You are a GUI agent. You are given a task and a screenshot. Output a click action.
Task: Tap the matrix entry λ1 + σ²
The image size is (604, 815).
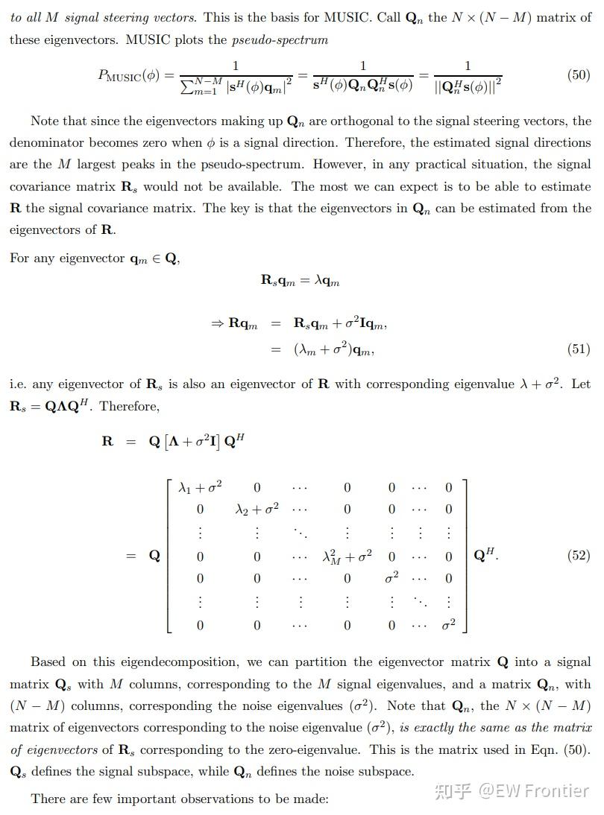click(x=200, y=488)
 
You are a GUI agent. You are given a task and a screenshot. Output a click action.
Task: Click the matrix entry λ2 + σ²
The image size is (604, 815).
click(x=257, y=510)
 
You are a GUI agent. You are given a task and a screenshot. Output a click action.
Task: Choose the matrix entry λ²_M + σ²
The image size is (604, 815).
click(x=347, y=556)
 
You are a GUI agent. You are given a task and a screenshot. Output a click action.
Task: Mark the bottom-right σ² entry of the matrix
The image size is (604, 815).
click(x=448, y=624)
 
